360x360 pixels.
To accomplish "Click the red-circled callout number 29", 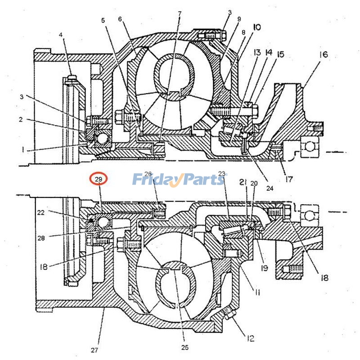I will pyautogui.click(x=99, y=179).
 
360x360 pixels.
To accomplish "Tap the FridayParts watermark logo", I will pyautogui.click(x=179, y=180).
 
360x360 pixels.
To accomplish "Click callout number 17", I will pyautogui.click(x=289, y=179).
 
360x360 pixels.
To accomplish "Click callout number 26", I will pyautogui.click(x=148, y=175).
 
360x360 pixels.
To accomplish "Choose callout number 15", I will pyautogui.click(x=280, y=54).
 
